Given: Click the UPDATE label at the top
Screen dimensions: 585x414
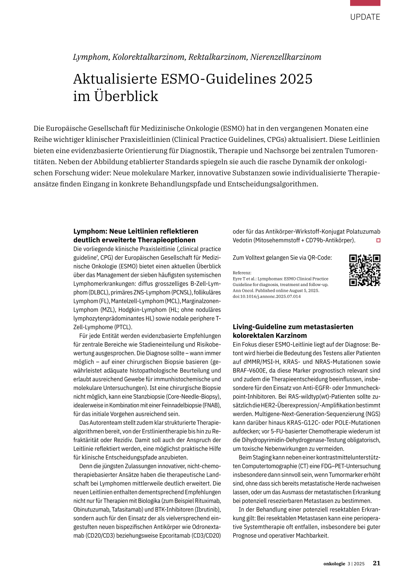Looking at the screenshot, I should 365,17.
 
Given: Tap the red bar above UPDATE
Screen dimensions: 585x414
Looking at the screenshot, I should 365,3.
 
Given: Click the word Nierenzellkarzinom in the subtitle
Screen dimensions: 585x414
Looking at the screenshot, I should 285,57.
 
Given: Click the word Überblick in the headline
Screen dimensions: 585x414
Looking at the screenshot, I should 126,96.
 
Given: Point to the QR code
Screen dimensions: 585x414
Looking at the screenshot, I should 365,270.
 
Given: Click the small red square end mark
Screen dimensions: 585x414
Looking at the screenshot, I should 378,240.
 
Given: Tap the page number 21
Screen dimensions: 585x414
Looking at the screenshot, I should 376,563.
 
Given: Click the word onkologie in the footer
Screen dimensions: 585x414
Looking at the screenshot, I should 334,564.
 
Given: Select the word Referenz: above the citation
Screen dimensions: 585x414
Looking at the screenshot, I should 242,273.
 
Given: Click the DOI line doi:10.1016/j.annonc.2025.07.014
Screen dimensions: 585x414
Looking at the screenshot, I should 266,296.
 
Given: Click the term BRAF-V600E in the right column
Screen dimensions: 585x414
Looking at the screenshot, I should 249,370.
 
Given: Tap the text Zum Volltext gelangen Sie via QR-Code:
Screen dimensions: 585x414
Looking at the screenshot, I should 282,257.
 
